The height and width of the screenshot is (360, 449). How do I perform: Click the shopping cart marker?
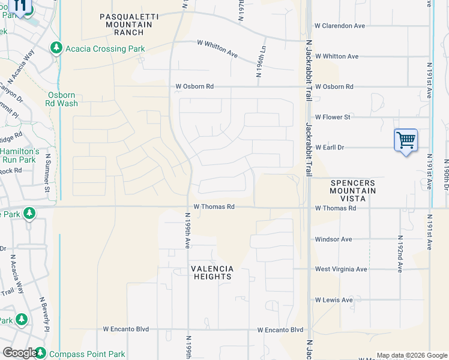tap(406, 140)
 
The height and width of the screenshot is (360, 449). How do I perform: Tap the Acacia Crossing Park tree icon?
tap(56, 48)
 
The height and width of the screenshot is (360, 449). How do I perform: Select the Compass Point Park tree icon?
tap(40, 353)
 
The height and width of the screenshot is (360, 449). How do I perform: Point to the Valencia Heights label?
tap(211, 273)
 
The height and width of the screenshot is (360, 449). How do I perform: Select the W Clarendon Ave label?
tap(340, 26)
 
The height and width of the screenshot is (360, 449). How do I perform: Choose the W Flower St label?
tap(333, 117)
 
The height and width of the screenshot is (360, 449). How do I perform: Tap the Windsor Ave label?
tap(333, 239)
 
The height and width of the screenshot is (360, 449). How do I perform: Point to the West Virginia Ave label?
tap(340, 269)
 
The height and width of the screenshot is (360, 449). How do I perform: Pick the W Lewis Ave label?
tap(334, 300)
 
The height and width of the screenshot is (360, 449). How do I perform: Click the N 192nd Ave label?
tap(400, 253)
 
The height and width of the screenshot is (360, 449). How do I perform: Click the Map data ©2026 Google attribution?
tap(411, 355)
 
